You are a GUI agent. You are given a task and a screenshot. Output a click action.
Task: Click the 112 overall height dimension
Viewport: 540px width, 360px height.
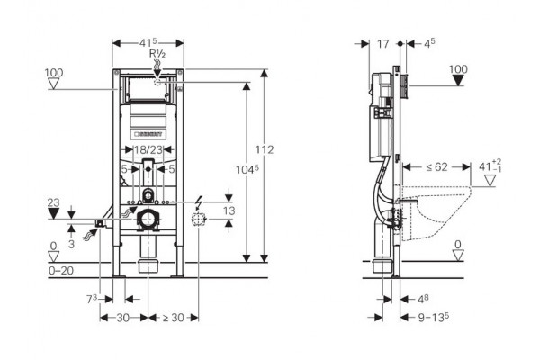(265, 150)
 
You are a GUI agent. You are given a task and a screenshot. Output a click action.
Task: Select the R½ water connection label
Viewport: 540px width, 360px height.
(157, 53)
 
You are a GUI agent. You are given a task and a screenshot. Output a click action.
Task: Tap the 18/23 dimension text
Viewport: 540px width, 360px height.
(148, 150)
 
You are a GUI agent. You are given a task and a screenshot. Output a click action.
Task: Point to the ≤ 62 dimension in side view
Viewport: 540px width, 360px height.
(436, 167)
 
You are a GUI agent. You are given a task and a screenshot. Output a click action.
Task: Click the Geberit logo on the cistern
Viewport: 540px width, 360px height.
(148, 134)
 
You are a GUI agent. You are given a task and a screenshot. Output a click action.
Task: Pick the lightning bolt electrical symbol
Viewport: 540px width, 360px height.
(198, 202)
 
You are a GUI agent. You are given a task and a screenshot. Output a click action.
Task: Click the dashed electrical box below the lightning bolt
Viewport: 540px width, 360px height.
(199, 219)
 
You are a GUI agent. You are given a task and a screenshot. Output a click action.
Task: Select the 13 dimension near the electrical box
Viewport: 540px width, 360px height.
(229, 211)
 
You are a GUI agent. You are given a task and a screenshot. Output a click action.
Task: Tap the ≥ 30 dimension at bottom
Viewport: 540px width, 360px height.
(173, 318)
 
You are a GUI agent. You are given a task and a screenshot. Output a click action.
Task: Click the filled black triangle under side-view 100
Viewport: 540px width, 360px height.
(458, 81)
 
